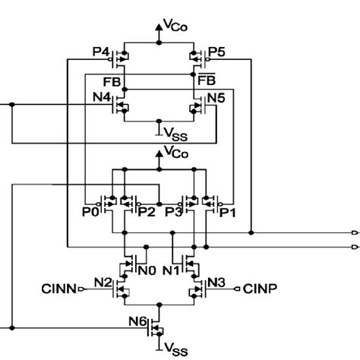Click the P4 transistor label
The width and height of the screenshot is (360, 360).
coord(101,52)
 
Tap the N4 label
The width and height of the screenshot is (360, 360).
coord(102,97)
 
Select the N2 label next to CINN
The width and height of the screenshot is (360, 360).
coord(103,283)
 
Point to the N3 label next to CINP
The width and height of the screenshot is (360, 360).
coord(216,283)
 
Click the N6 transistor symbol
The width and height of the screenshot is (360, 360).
coord(155,325)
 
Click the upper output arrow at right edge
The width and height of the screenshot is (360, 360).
coord(355,232)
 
